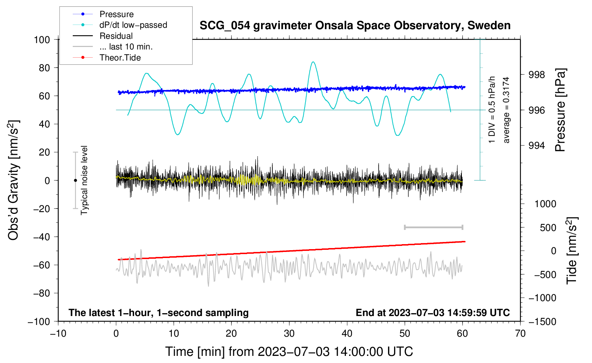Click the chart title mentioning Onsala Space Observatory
pos(355,26)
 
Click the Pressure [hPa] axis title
pos(560,110)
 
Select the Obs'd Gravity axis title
pos(14,180)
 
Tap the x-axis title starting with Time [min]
pos(289,352)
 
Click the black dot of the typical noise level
pos(75,180)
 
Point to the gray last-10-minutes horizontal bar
pos(433,227)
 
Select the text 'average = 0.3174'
pos(506,110)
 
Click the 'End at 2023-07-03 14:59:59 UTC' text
pos(433,313)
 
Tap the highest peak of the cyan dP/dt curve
pos(313,62)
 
